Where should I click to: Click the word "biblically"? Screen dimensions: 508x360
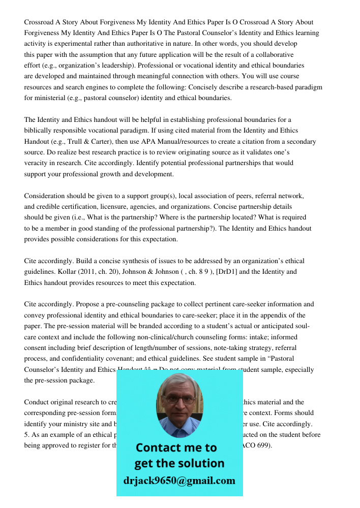pyautogui.click(x=39, y=131)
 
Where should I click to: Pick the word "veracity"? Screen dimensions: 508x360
pyautogui.click(x=38, y=163)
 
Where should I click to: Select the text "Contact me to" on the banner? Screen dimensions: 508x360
pyautogui.click(x=176, y=448)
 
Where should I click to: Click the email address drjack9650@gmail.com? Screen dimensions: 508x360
pyautogui.click(x=179, y=480)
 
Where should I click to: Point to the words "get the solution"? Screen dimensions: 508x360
pyautogui.click(x=179, y=463)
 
